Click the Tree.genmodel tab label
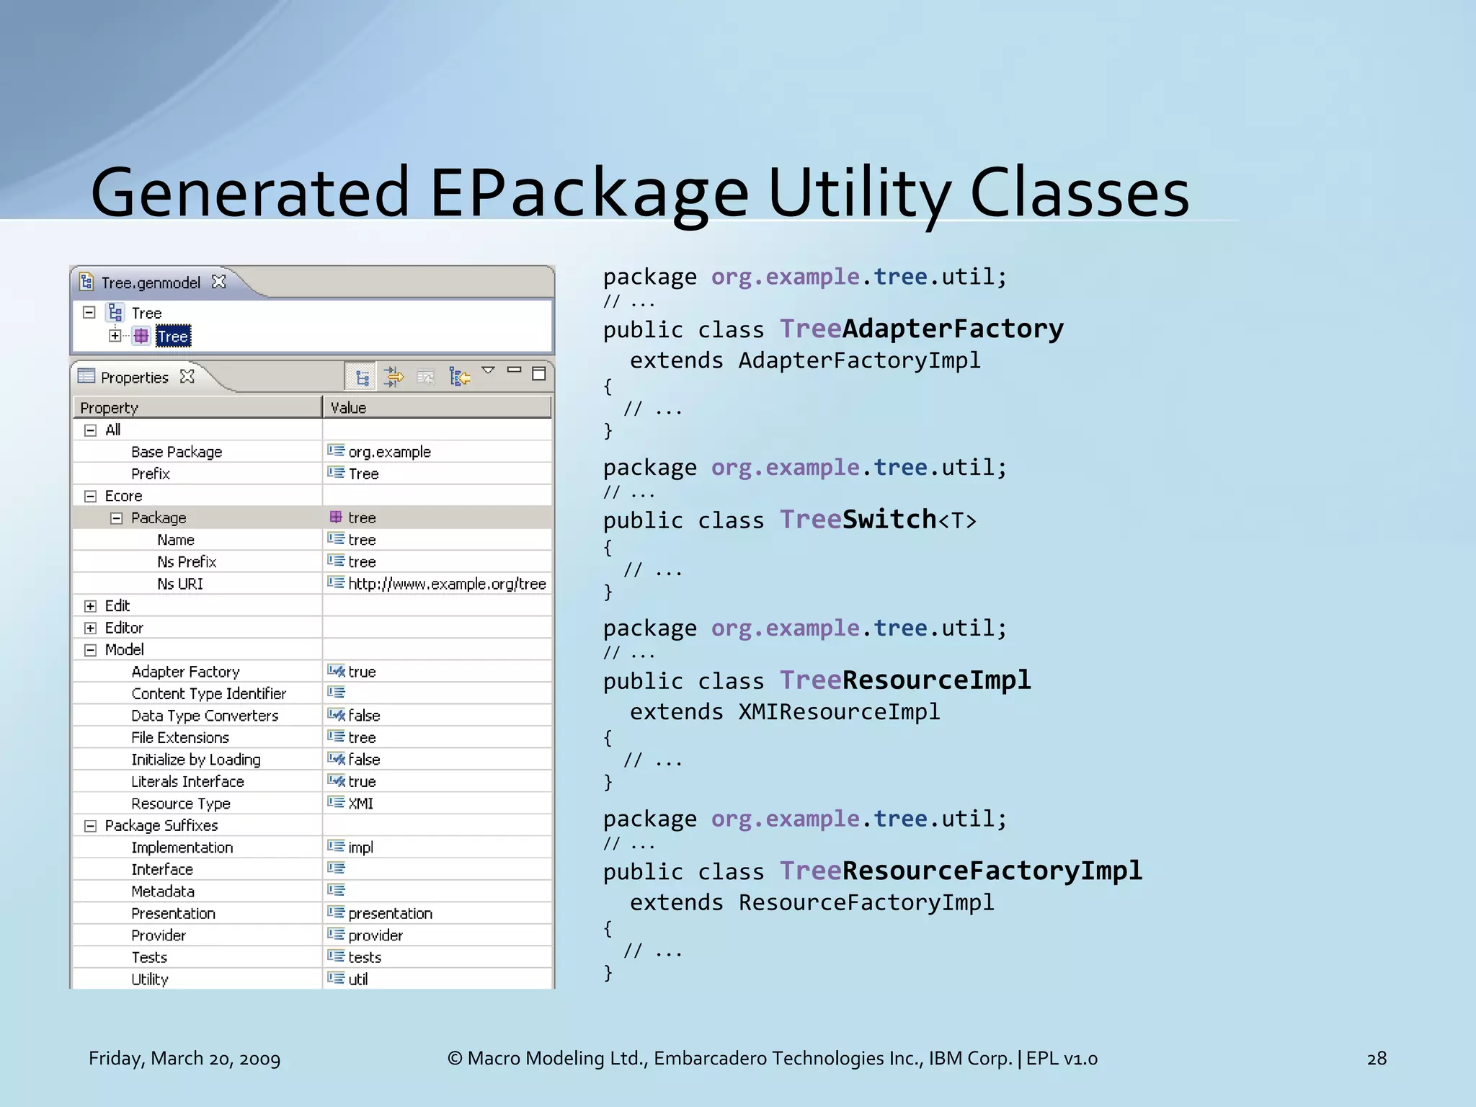click(151, 283)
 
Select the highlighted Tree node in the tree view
click(173, 337)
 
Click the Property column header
click(110, 408)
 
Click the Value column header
click(348, 408)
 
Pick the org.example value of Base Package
click(389, 452)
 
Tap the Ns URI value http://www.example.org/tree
click(447, 584)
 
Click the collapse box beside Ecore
click(90, 496)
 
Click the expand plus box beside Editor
click(90, 628)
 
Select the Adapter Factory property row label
click(185, 672)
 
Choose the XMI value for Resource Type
click(360, 804)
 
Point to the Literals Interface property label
click(187, 781)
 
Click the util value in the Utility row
click(357, 979)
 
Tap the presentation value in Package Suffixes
click(390, 913)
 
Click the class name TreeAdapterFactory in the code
click(921, 329)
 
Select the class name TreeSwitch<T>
click(878, 520)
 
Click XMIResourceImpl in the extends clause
click(839, 712)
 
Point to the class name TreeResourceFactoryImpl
click(961, 871)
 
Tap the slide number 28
click(1376, 1058)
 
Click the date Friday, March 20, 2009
click(184, 1058)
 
